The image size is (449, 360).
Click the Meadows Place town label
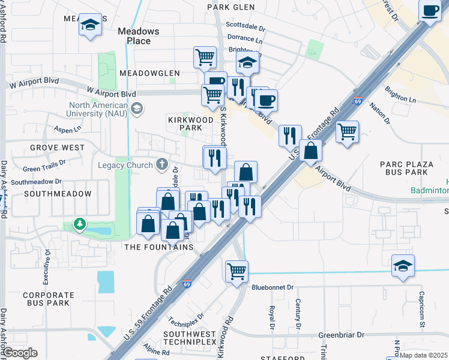pyautogui.click(x=139, y=36)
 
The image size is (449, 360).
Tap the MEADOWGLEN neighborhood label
pyautogui.click(x=149, y=73)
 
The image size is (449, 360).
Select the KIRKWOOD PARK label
pyautogui.click(x=190, y=124)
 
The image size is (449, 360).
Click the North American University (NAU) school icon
pyautogui.click(x=137, y=109)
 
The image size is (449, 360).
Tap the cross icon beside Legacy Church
pyautogui.click(x=161, y=164)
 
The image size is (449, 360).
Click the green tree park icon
pyautogui.click(x=79, y=224)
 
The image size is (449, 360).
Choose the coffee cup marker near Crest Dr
pyautogui.click(x=430, y=11)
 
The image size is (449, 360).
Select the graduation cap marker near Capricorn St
pyautogui.click(x=402, y=266)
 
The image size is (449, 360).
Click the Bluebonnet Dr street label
pyautogui.click(x=274, y=287)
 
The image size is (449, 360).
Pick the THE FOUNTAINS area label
pyautogui.click(x=158, y=247)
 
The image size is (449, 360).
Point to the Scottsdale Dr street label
pyautogui.click(x=245, y=26)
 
